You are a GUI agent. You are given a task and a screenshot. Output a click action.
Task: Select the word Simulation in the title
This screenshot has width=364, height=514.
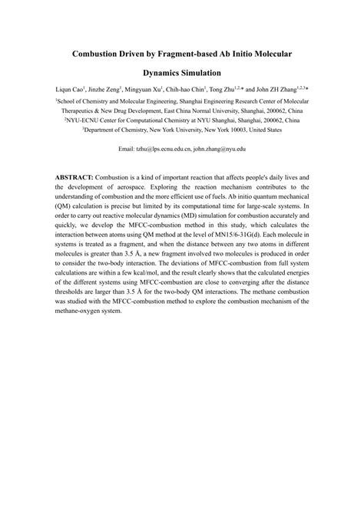coord(212,77)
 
